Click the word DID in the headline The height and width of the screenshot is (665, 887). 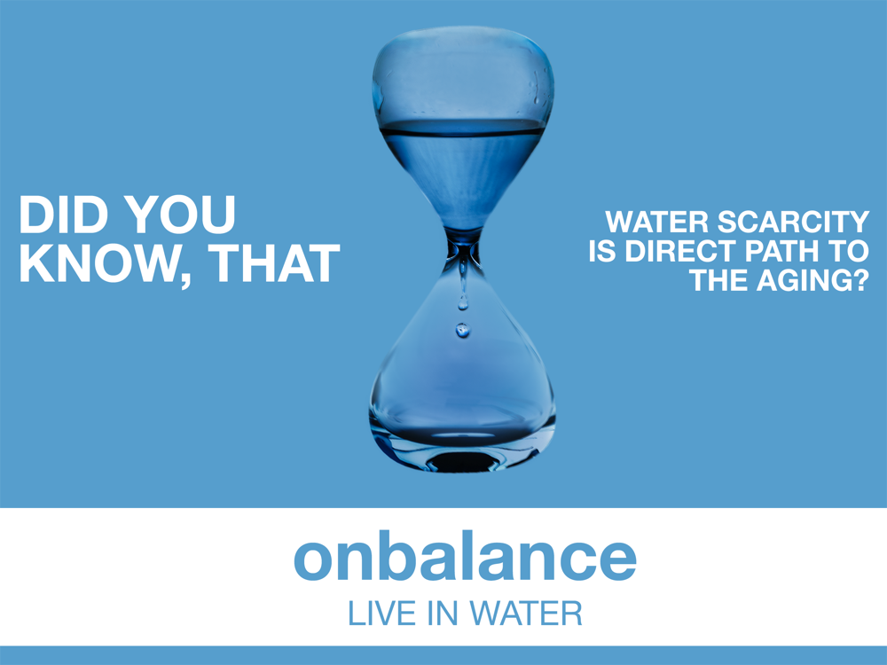pyautogui.click(x=64, y=215)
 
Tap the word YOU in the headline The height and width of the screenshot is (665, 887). pyautogui.click(x=180, y=215)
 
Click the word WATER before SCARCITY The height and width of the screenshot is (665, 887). pyautogui.click(x=656, y=221)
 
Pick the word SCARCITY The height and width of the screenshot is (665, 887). pyautogui.click(x=793, y=221)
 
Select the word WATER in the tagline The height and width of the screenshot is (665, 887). pyautogui.click(x=525, y=614)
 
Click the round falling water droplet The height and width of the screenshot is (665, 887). pyautogui.click(x=463, y=330)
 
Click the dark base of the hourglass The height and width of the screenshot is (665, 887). pyautogui.click(x=463, y=459)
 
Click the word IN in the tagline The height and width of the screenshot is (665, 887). pyautogui.click(x=443, y=614)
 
